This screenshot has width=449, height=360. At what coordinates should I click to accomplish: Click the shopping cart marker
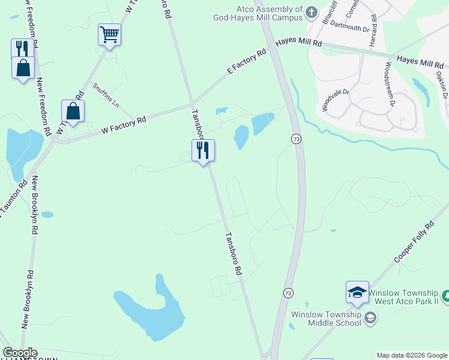[x=110, y=35]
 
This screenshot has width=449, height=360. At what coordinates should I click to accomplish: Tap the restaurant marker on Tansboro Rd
[x=203, y=151]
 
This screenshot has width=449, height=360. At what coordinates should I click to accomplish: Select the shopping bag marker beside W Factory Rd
[x=73, y=111]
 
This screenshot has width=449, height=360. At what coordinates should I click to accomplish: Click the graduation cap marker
[x=357, y=292]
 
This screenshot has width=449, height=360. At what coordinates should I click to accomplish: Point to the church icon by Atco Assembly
[x=312, y=12]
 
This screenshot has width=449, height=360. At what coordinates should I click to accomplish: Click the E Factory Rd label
[x=246, y=62]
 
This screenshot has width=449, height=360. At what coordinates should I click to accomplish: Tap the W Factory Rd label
[x=124, y=124]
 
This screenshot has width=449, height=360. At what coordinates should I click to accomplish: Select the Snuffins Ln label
[x=106, y=95]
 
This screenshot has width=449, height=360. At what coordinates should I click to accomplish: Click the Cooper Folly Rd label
[x=414, y=242]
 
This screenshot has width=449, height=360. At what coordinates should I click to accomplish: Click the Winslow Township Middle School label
[x=326, y=319]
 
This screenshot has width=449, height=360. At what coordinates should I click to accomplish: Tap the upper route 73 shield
[x=296, y=139]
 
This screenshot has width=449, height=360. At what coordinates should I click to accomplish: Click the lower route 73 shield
[x=289, y=293]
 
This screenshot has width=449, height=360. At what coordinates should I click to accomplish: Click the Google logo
[x=20, y=353]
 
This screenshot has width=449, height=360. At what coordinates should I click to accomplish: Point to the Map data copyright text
[x=412, y=355]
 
